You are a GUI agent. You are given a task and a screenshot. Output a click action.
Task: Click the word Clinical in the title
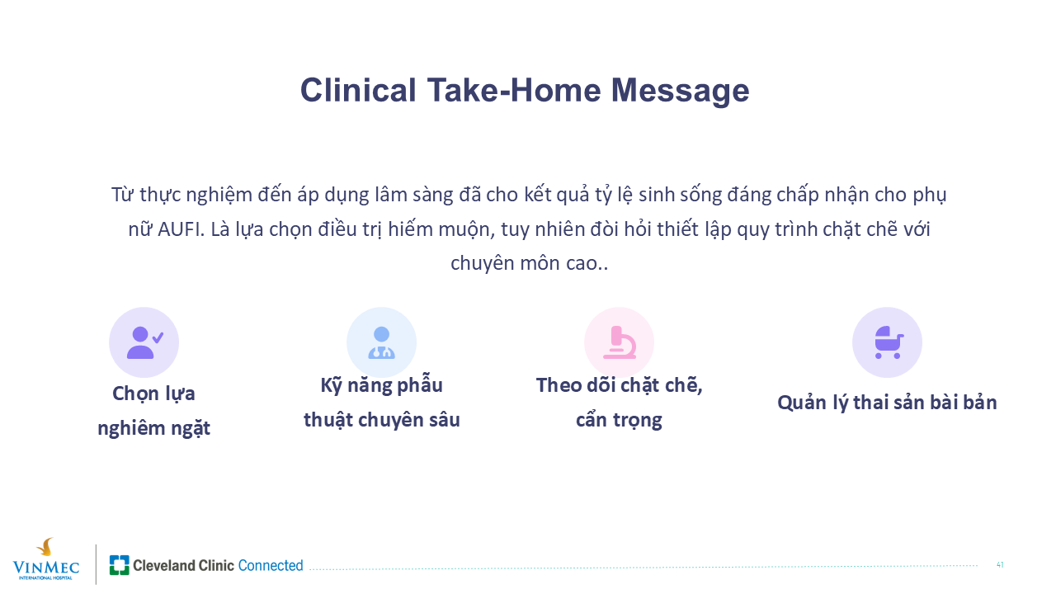coord(358,90)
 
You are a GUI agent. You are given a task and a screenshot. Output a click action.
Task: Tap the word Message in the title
coord(680,92)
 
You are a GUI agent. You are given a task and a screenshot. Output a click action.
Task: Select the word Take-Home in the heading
coord(514,90)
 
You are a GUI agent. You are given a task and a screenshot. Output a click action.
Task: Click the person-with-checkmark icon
coord(144,342)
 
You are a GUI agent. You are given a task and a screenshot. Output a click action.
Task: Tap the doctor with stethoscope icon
coord(381,342)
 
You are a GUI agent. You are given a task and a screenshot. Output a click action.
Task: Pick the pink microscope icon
coord(620,342)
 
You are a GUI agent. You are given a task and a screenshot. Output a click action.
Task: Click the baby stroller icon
coord(889,342)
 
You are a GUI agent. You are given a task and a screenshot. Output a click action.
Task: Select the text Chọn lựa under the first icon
coord(153,394)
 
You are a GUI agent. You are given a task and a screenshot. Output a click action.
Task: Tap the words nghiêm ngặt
coord(153,428)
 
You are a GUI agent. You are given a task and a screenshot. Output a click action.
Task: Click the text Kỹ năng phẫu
coord(381,385)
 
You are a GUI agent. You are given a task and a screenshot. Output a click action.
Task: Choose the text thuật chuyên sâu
coord(381,420)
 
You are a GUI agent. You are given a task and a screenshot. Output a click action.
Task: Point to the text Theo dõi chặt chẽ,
coord(619,385)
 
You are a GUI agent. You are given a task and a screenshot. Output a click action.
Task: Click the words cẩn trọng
coord(619,420)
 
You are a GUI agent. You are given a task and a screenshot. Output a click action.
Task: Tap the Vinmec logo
coord(45,559)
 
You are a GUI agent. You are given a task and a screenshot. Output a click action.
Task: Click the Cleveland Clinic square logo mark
coord(120,565)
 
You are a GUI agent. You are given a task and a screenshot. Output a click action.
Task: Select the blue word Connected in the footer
coord(271,565)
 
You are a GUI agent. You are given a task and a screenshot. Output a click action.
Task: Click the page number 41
coord(1000,565)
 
